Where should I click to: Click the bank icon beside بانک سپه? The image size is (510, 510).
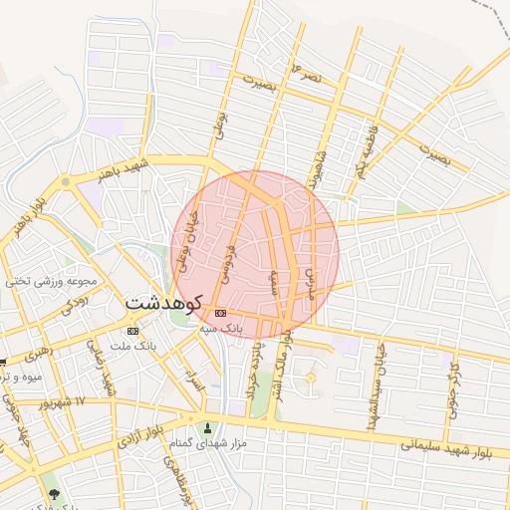tap(220, 313)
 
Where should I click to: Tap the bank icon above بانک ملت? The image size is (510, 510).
tap(133, 331)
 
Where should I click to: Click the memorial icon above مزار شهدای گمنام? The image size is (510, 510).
tap(207, 428)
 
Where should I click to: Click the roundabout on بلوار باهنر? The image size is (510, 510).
tap(66, 181)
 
